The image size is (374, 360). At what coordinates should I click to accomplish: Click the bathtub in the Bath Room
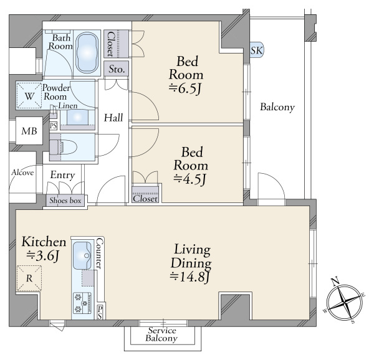click(87, 53)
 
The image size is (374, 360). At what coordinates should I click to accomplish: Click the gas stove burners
click(82, 303)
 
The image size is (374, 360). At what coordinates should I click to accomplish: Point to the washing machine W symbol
click(29, 96)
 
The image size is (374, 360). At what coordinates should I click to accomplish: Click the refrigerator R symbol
click(29, 278)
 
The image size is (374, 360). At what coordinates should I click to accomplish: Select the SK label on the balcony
click(256, 50)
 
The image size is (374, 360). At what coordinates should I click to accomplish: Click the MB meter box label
click(29, 131)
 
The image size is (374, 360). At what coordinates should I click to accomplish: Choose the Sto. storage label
click(117, 69)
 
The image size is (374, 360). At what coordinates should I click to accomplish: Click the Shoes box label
click(65, 201)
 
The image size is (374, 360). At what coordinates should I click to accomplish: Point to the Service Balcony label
click(162, 334)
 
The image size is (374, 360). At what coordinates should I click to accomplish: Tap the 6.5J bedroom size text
click(185, 88)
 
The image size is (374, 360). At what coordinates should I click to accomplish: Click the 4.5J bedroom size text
click(189, 179)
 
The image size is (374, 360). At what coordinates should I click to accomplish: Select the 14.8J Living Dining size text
click(190, 277)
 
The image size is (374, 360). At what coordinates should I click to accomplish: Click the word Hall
click(113, 118)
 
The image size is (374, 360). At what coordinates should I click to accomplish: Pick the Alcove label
click(22, 173)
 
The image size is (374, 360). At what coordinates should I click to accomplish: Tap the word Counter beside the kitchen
click(100, 253)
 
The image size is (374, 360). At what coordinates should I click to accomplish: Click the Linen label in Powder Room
click(68, 106)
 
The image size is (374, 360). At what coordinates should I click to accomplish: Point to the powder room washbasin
click(77, 118)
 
